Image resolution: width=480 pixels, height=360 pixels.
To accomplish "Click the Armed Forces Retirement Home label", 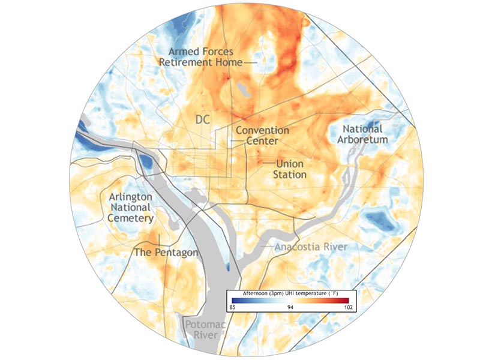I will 200,56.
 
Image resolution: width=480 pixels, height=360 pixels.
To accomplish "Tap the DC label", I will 203,121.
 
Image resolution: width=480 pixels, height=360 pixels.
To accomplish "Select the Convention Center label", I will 262,136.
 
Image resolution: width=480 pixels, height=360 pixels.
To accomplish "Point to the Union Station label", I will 290,169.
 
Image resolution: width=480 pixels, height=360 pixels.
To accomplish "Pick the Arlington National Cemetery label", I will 130,207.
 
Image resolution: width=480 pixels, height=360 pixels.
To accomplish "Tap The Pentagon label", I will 166,253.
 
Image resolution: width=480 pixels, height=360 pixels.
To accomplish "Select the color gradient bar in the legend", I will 292,300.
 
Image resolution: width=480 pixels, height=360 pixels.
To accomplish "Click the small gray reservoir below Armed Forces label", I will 244,90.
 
